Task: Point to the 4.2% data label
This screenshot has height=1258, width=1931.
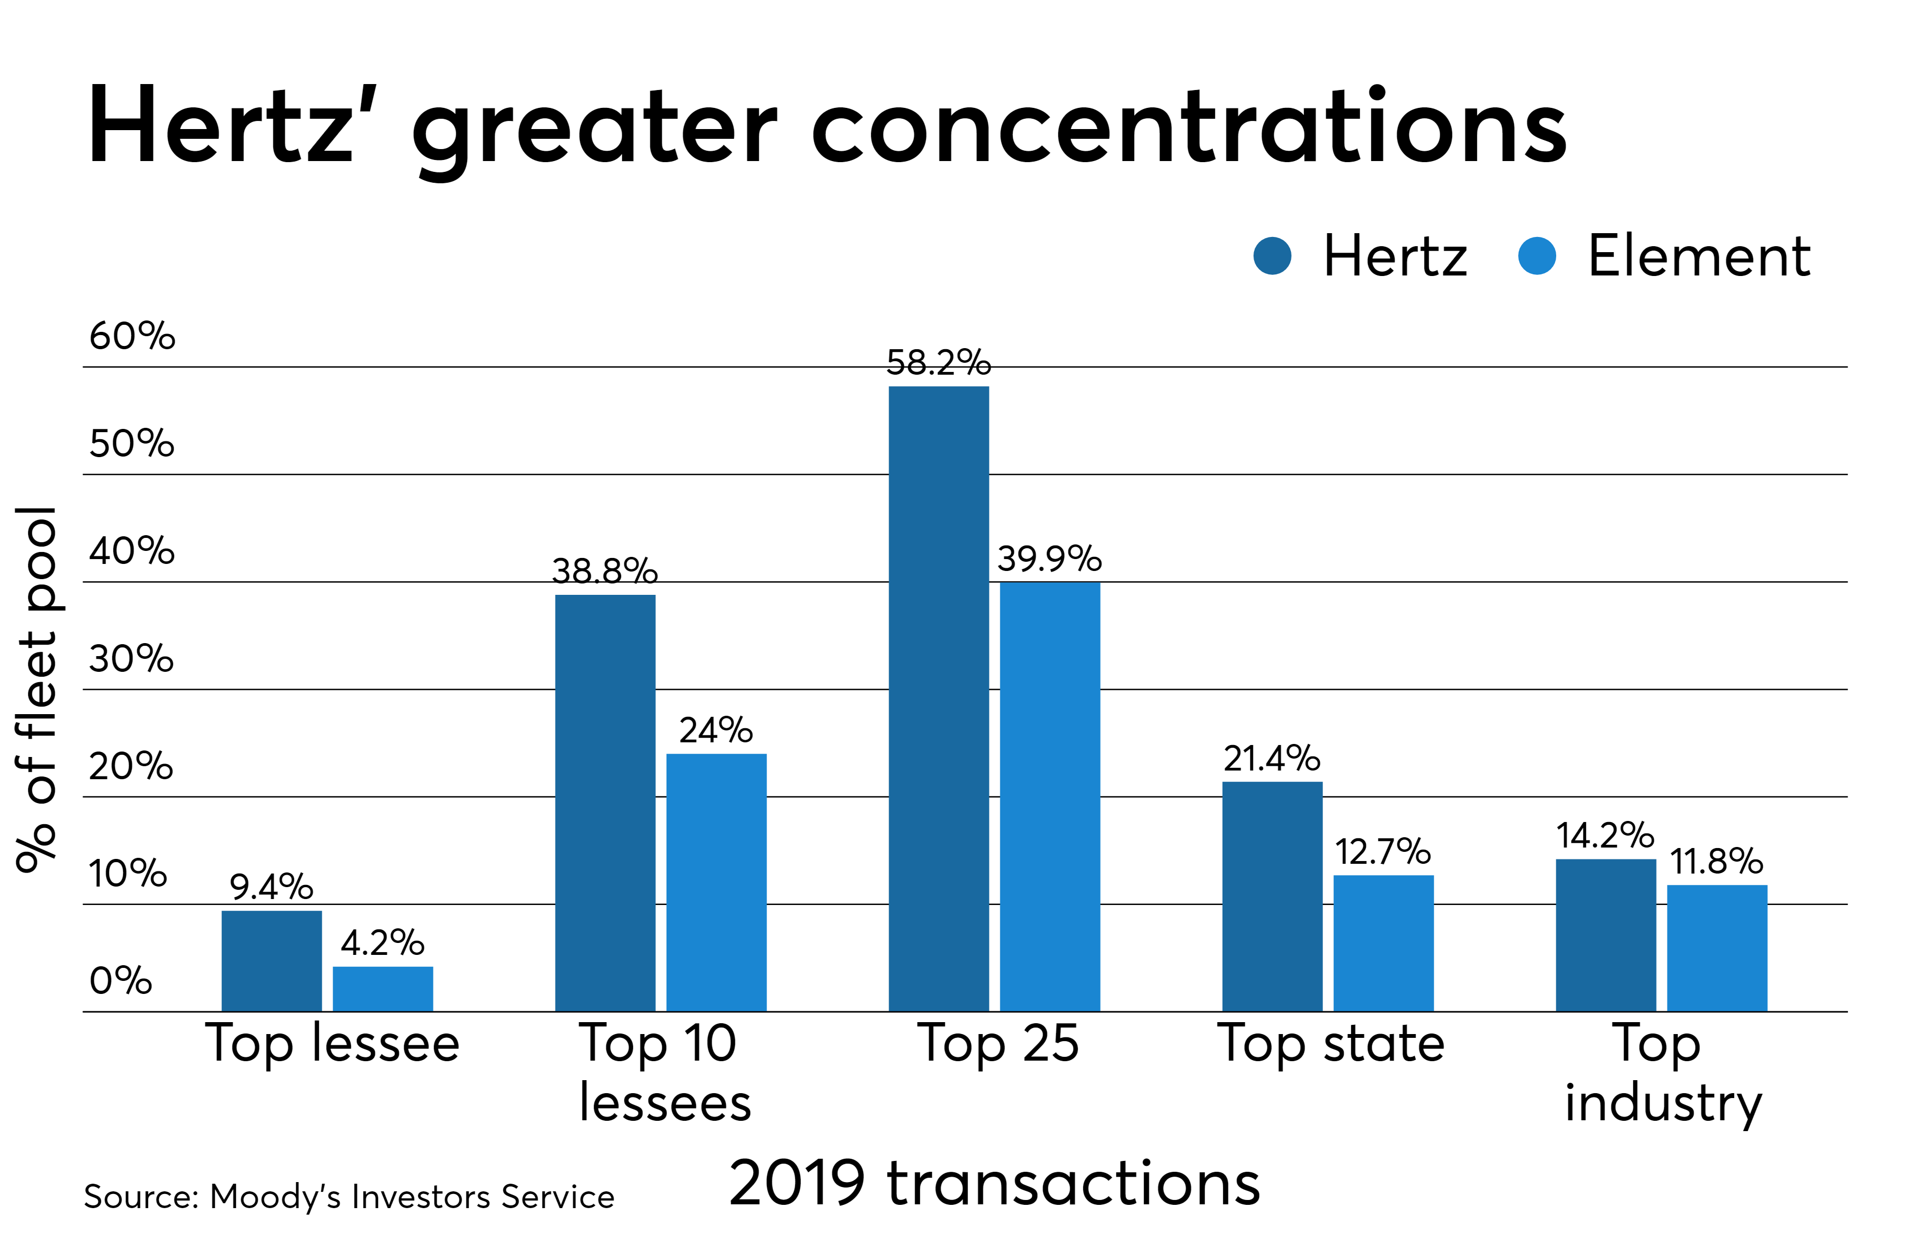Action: (x=382, y=942)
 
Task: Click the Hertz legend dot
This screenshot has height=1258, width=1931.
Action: (x=1271, y=256)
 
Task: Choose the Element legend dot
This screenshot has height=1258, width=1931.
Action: (x=1536, y=256)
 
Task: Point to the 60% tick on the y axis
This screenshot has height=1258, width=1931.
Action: (x=131, y=336)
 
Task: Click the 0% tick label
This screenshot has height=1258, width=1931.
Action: (x=120, y=980)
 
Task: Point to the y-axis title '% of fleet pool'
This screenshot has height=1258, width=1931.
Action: (x=36, y=689)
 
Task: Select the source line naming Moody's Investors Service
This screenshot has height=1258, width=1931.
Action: (x=349, y=1196)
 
